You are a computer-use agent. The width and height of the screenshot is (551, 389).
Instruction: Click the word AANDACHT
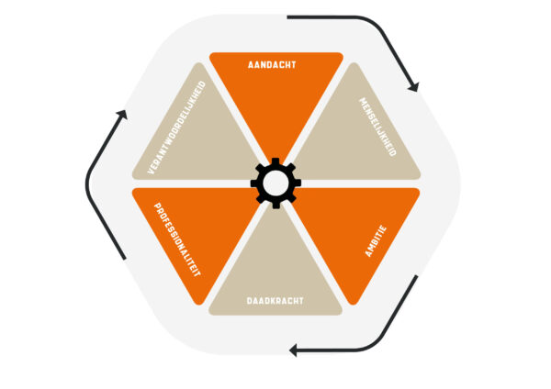click(x=272, y=64)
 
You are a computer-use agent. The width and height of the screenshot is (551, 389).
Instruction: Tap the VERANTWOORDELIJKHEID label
click(x=176, y=128)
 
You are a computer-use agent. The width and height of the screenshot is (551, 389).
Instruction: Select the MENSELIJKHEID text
click(x=377, y=127)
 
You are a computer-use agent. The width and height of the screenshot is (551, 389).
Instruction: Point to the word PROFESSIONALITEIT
click(x=177, y=239)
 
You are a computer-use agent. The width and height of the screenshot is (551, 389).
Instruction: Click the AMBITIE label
click(x=376, y=241)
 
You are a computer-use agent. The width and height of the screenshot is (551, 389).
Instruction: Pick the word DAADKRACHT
click(x=275, y=301)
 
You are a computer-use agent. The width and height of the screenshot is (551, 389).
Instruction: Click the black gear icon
click(x=275, y=183)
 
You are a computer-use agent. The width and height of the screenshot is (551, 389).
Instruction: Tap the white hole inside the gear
click(x=275, y=183)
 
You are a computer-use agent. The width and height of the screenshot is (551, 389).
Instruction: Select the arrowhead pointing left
click(x=293, y=350)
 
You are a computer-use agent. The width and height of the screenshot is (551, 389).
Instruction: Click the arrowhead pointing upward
click(x=122, y=115)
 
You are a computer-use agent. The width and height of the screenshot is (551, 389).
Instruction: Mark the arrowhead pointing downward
click(x=413, y=87)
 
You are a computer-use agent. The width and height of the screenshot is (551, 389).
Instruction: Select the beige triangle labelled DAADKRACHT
click(x=275, y=267)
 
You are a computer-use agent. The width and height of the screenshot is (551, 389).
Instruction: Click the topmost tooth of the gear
click(x=275, y=161)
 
